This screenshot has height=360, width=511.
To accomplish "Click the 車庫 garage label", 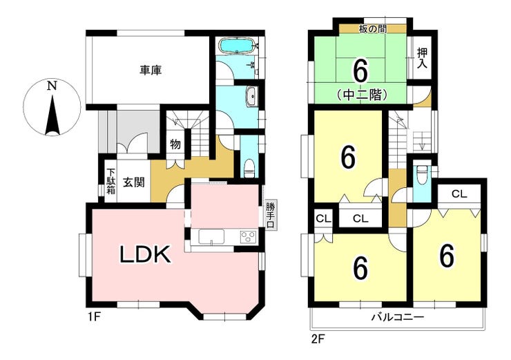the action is (x=151, y=70).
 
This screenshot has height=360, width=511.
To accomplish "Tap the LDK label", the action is (x=145, y=255).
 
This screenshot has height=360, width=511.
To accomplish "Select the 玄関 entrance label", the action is (x=133, y=182).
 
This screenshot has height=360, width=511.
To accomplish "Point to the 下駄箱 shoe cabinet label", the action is (x=111, y=181).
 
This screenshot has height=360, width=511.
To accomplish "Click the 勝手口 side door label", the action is (x=270, y=215).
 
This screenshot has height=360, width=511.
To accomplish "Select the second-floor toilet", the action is (x=422, y=173).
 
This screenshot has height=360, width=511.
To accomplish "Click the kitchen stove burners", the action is (x=249, y=236).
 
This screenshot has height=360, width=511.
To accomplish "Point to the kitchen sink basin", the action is (x=211, y=236).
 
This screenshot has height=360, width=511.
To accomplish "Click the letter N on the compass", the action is (x=52, y=86).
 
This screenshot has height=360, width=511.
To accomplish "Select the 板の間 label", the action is (x=373, y=29).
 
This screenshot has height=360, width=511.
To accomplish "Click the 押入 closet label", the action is (x=423, y=58).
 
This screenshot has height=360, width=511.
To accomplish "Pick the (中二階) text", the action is (x=362, y=95).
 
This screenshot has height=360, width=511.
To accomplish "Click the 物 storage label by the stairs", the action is (x=175, y=144).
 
